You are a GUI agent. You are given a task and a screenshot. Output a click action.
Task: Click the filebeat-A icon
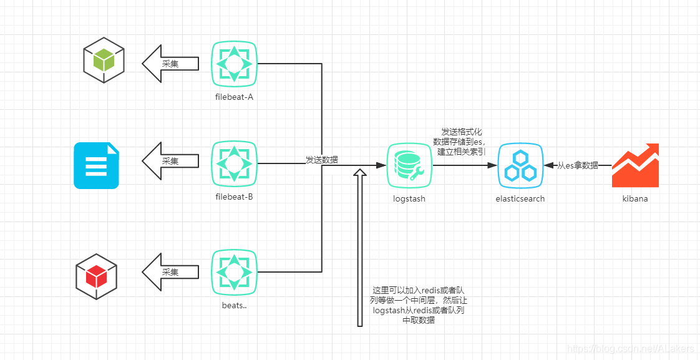pos(234,64)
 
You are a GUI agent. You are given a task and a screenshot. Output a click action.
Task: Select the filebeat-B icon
pos(234,164)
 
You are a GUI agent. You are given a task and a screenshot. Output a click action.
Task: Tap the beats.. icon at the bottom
pos(234,273)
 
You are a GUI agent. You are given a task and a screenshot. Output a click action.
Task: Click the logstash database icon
pos(409,165)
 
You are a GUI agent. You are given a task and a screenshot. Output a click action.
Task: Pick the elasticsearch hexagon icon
pos(520,165)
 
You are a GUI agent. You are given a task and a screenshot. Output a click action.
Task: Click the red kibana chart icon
pos(635,165)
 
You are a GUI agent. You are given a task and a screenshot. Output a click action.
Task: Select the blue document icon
pos(96,165)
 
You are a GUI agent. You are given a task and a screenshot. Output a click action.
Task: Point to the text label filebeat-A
pos(234,97)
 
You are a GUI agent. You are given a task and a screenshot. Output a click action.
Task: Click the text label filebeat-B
pos(234,197)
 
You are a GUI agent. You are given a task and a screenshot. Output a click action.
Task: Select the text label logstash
pos(409,199)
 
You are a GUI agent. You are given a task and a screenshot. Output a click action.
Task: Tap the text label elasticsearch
pos(520,199)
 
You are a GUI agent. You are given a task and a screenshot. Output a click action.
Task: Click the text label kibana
pos(635,199)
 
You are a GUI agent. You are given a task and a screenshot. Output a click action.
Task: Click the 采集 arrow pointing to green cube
pos(170,64)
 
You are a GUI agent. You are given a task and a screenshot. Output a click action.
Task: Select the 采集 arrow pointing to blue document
pos(170,161)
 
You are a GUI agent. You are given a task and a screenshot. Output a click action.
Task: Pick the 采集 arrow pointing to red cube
pos(170,273)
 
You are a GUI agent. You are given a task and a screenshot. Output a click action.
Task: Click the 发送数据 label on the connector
pos(322,160)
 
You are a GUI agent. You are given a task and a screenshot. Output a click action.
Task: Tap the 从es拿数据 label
pos(578,165)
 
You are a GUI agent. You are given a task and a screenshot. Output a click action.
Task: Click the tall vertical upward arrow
pos(359,250)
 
